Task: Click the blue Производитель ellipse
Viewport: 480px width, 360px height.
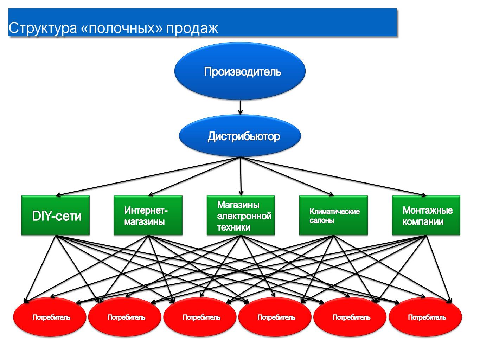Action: coord(240,71)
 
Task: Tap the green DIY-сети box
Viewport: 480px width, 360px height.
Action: coord(56,216)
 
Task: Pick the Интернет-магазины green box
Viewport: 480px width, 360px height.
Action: coord(148,216)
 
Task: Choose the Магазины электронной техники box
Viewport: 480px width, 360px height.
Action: coord(241,216)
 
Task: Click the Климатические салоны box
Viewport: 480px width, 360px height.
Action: coord(333,216)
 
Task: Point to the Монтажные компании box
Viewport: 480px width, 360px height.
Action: coord(426,216)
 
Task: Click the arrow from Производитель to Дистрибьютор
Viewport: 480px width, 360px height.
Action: coord(240,107)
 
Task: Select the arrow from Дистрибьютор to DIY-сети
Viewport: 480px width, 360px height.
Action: coord(148,176)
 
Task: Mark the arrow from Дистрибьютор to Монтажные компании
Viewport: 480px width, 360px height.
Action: coord(334,176)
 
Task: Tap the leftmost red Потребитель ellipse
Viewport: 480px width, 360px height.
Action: coord(50,317)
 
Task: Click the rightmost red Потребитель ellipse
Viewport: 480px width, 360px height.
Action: coord(426,317)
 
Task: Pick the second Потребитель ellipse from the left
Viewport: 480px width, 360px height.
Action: coord(125,317)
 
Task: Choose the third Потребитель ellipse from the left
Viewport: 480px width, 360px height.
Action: coord(200,317)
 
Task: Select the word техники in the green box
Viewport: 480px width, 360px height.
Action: coord(233,227)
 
